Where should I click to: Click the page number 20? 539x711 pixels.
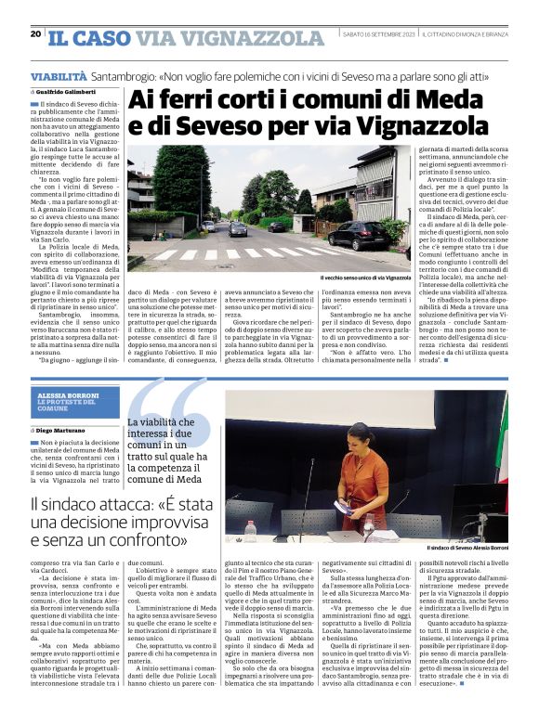[35, 34]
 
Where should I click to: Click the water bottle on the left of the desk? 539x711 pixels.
[250, 530]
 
